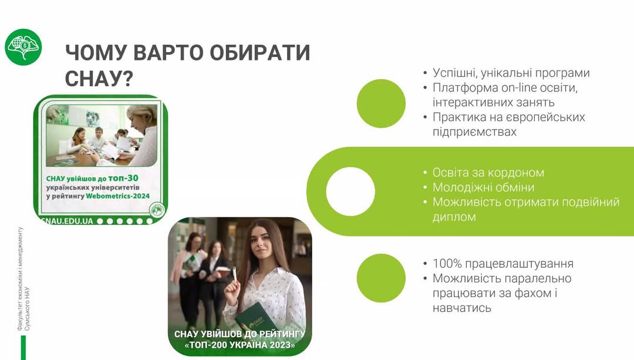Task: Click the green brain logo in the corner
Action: click(23, 47)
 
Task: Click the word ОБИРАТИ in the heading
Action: click(259, 53)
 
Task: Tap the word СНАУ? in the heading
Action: click(99, 78)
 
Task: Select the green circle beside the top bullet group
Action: click(381, 103)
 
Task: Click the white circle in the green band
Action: click(350, 191)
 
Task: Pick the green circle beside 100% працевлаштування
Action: click(381, 278)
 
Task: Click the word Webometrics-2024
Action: click(117, 196)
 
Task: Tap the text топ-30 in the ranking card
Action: click(123, 178)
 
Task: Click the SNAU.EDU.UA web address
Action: click(68, 221)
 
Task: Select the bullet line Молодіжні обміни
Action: click(483, 187)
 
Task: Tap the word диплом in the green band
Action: click(454, 217)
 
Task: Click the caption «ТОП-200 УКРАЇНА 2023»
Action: click(240, 345)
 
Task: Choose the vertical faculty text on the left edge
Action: click(23, 279)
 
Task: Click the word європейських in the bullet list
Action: click(544, 117)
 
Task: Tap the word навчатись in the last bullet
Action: click(462, 308)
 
